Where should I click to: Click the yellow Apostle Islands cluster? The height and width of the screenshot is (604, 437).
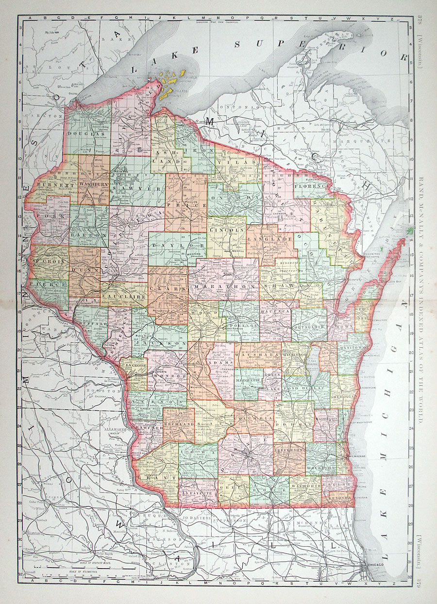click(173, 79)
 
